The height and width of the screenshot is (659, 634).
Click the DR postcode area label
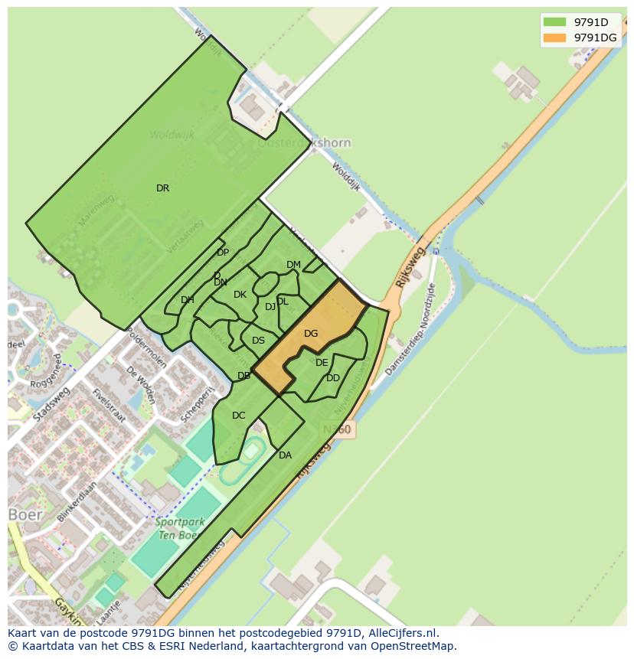pyautogui.click(x=162, y=188)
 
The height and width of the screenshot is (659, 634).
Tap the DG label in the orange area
pyautogui.click(x=310, y=334)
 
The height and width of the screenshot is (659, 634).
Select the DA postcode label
pyautogui.click(x=285, y=455)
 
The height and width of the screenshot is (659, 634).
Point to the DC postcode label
pyautogui.click(x=238, y=416)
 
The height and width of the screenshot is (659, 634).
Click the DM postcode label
pyautogui.click(x=293, y=265)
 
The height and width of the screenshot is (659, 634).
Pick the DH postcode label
pyautogui.click(x=187, y=300)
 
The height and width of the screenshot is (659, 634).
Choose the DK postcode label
pyautogui.click(x=240, y=295)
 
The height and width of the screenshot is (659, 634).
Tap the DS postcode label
pyautogui.click(x=258, y=341)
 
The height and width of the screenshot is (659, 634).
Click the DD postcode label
pyautogui.click(x=332, y=378)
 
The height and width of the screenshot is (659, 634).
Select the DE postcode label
pyautogui.click(x=322, y=363)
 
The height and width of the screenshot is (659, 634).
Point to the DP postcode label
pyautogui.click(x=222, y=253)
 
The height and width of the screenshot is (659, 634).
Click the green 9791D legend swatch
pyautogui.click(x=554, y=22)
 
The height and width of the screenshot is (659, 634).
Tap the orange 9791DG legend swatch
pyautogui.click(x=554, y=38)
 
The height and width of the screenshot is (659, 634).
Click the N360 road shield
pyautogui.click(x=336, y=430)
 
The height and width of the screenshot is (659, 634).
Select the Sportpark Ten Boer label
pyautogui.click(x=177, y=529)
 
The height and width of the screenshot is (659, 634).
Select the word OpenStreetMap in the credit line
pyautogui.click(x=413, y=646)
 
